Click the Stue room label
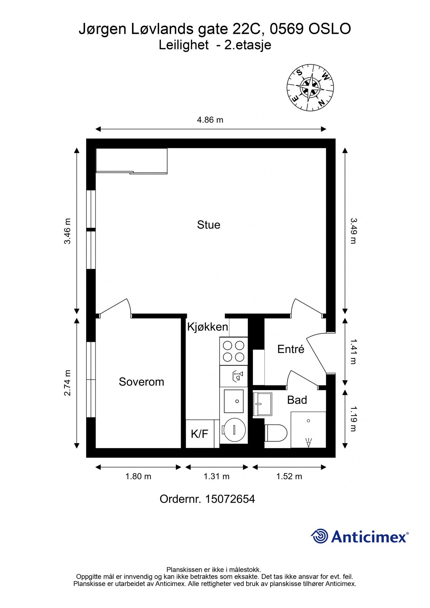point(208,225)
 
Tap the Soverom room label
point(141,382)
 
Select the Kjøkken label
point(207,327)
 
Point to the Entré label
point(290,349)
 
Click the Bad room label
point(297,400)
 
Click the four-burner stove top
point(233,351)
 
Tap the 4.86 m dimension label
point(210,120)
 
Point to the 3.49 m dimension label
point(353,231)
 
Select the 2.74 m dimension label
point(68,383)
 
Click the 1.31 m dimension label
point(217,477)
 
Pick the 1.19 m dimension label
point(353,419)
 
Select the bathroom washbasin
point(262,404)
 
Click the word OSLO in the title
point(329,29)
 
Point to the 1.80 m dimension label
point(138,477)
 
